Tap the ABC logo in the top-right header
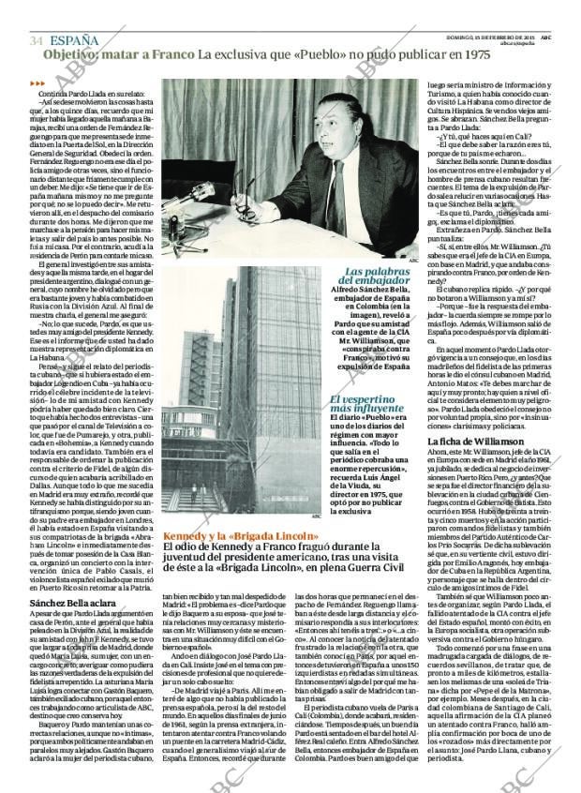click(x=545, y=36)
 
